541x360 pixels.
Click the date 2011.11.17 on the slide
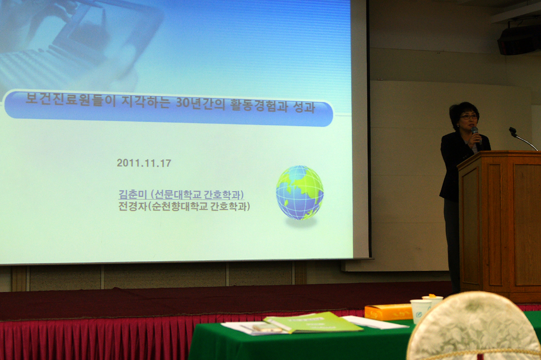point(144,163)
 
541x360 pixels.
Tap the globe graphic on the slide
point(300,192)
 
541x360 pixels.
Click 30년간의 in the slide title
point(200,103)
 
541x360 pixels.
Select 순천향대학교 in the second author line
point(180,206)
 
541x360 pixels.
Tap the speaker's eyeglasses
point(469,117)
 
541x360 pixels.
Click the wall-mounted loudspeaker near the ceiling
point(519,40)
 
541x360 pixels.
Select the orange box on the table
point(388,312)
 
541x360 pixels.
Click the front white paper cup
point(420,311)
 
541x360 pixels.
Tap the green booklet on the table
point(313,323)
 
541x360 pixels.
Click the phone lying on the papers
point(267,328)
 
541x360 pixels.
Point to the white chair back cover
point(473,326)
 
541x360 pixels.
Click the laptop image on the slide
point(83,42)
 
